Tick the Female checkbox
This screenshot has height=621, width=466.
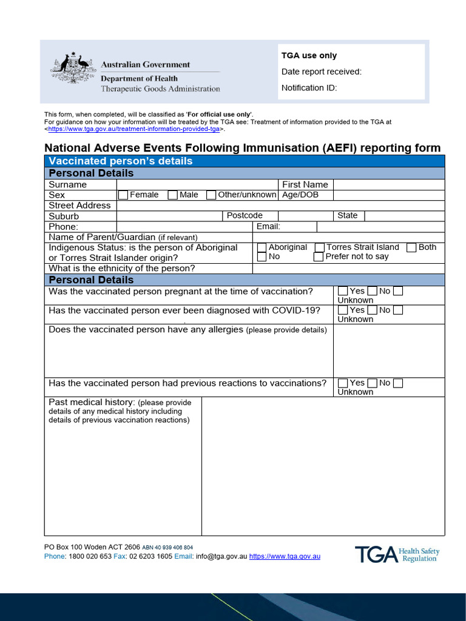123,195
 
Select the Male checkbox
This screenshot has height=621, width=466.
173,195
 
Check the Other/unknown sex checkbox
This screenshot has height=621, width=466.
211,195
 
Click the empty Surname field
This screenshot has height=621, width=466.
197,185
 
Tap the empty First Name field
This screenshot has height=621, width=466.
388,185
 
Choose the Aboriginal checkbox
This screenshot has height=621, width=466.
262,247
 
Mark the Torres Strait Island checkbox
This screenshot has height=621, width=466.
320,247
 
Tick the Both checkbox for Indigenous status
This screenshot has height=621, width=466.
411,247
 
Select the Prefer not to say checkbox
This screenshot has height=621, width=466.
319,257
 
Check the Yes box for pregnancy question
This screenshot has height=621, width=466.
343,292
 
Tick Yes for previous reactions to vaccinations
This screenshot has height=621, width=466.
343,383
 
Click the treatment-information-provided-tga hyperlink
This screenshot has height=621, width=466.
133,129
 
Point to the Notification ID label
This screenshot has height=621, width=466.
309,88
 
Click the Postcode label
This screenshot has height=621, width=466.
245,216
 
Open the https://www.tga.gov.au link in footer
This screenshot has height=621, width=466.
285,556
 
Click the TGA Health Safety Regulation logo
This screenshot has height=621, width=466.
397,554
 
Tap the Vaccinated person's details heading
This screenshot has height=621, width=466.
121,161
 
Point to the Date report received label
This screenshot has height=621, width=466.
321,72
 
